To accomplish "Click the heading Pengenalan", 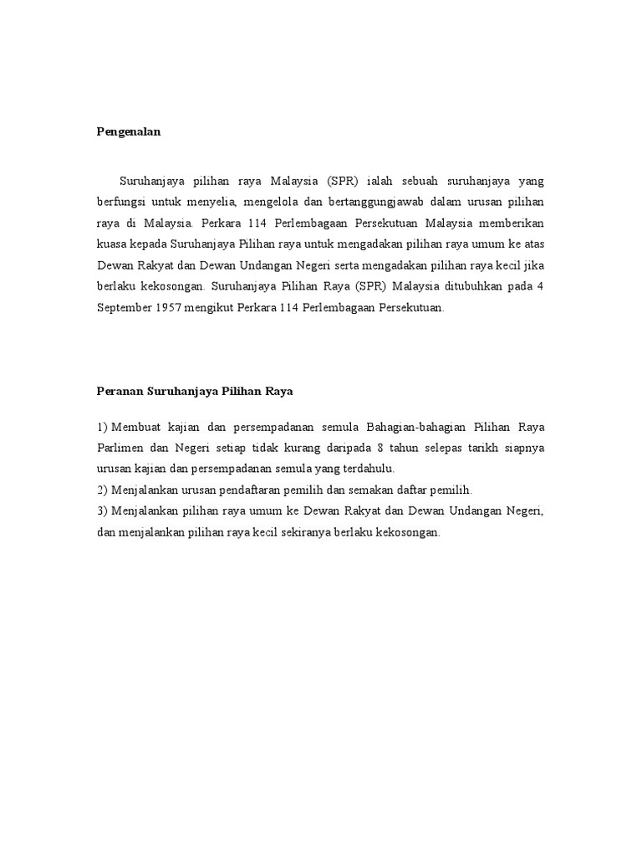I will click(x=127, y=132).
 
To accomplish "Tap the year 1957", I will click(x=171, y=307).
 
